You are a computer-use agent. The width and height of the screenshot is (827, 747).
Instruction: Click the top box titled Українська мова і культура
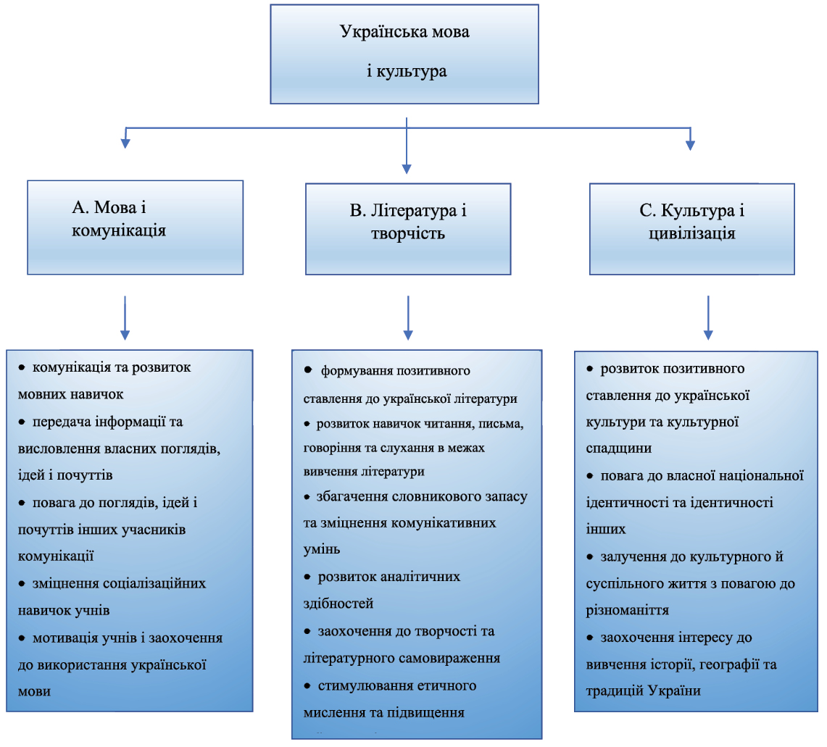click(x=404, y=54)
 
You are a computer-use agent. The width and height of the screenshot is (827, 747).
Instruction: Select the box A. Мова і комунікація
click(x=135, y=227)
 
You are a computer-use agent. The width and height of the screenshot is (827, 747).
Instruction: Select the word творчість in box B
click(x=407, y=234)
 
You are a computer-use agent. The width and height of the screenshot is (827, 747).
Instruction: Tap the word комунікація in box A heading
click(x=119, y=231)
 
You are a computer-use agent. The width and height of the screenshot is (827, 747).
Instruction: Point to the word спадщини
click(x=618, y=448)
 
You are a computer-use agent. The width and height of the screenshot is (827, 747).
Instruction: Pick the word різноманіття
click(x=628, y=610)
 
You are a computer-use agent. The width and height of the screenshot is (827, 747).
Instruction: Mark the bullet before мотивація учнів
click(x=22, y=638)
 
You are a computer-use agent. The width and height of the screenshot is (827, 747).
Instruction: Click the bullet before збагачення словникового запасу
click(x=307, y=498)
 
